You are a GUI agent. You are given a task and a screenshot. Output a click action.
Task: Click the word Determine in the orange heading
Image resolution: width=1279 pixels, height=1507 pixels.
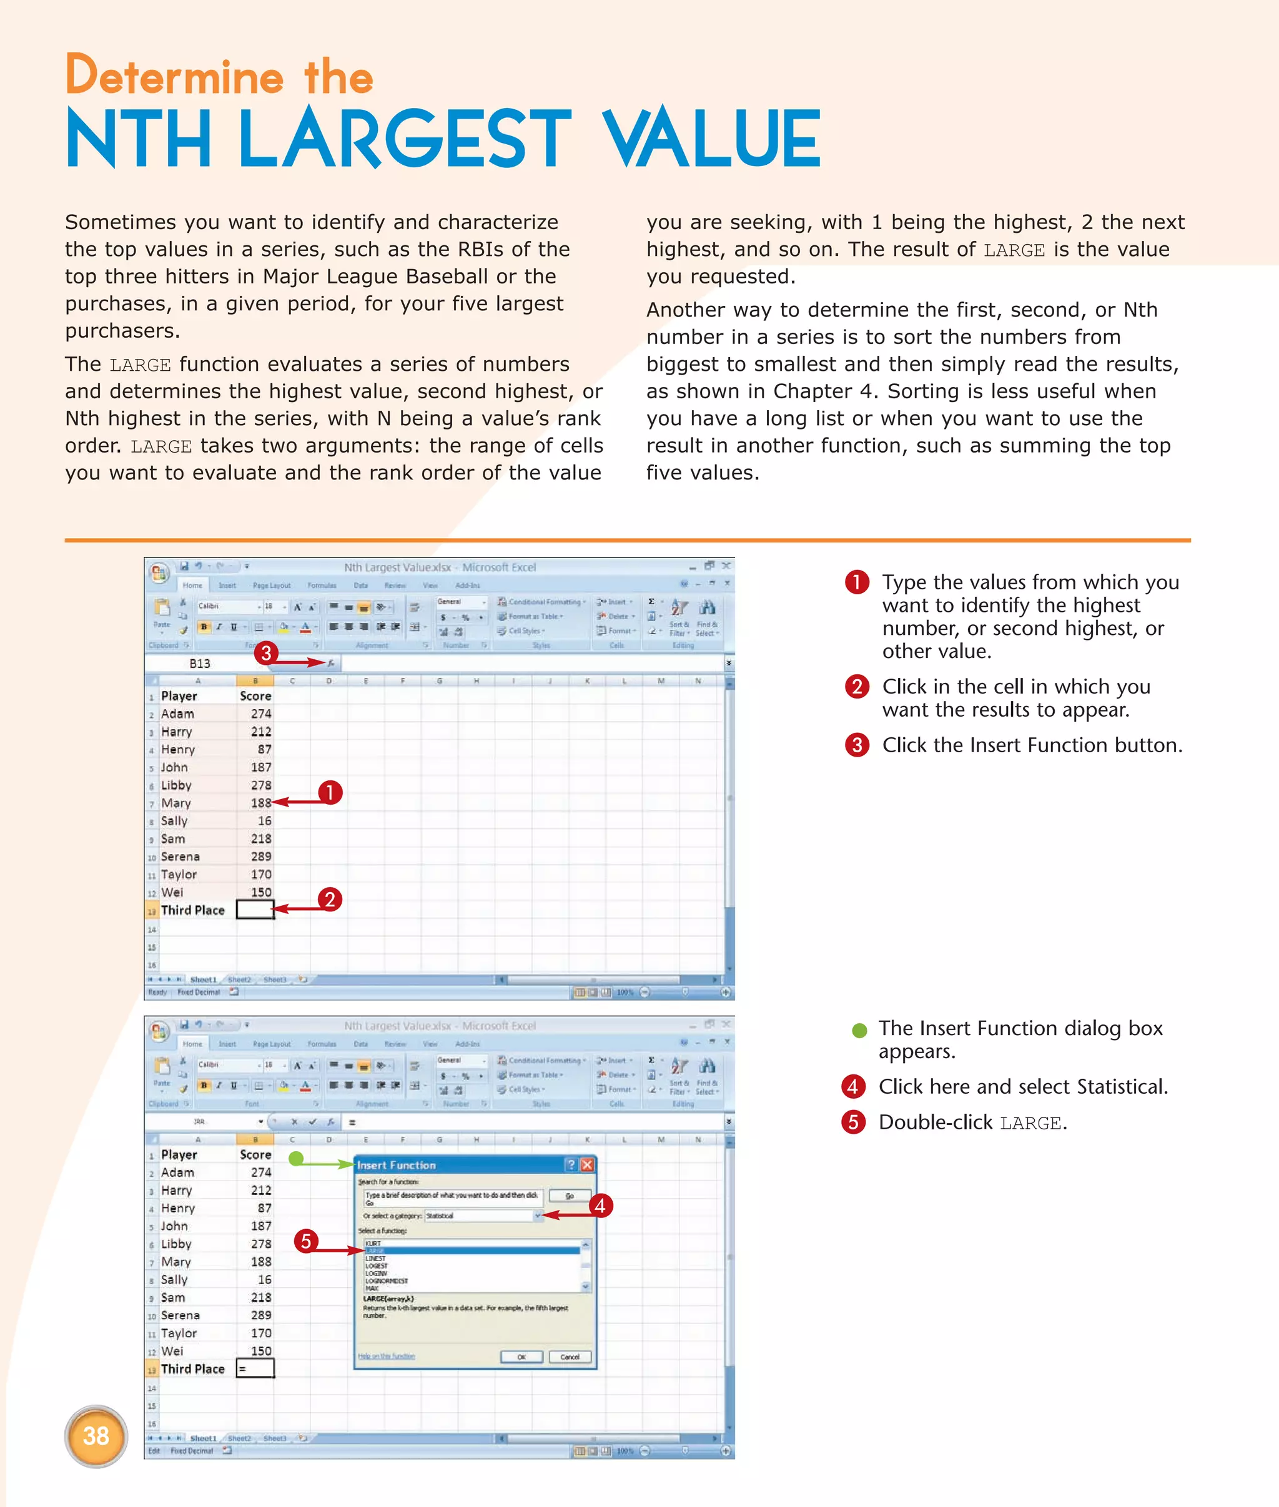tap(174, 76)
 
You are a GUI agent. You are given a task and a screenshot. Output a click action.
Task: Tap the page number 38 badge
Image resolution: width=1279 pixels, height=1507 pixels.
tap(96, 1435)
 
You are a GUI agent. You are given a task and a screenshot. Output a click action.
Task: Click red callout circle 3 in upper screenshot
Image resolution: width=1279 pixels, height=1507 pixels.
tap(266, 653)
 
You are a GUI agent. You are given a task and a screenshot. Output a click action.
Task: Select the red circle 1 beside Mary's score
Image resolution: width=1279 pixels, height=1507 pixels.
tap(330, 792)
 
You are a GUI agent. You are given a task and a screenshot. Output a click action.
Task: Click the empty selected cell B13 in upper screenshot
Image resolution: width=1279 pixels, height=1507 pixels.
tap(255, 910)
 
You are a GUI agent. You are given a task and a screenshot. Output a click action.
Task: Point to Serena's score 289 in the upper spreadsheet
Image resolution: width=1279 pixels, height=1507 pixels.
tap(261, 856)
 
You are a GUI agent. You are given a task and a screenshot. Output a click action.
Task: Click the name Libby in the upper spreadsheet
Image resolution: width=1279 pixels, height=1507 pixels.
tap(176, 785)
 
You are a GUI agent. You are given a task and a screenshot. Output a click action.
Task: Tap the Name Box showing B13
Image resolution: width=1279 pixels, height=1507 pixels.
tap(200, 663)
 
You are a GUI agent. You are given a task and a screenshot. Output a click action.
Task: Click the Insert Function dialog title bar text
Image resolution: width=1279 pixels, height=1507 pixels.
tap(397, 1165)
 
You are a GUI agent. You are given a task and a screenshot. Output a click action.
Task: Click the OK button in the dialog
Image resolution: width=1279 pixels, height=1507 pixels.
tap(521, 1356)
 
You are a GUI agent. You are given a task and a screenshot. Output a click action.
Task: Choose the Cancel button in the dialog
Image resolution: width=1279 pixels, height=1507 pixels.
tap(570, 1356)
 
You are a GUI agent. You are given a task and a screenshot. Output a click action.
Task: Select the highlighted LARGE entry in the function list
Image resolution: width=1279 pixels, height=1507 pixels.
tap(472, 1250)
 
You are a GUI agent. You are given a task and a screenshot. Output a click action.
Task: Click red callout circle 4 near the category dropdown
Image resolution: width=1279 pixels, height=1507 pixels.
tap(600, 1205)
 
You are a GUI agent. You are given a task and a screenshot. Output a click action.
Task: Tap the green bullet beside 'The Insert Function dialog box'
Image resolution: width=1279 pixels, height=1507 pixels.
tap(859, 1030)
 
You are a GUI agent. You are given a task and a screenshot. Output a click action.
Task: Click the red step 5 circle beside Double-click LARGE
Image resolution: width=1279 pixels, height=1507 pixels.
tap(853, 1122)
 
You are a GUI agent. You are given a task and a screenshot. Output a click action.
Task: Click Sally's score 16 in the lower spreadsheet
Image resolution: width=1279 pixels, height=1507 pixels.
tap(265, 1279)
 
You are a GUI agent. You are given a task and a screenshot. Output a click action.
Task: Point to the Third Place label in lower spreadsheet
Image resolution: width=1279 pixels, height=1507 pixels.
tap(193, 1368)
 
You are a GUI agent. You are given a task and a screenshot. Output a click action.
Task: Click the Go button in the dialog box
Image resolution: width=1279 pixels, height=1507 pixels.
tap(569, 1195)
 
